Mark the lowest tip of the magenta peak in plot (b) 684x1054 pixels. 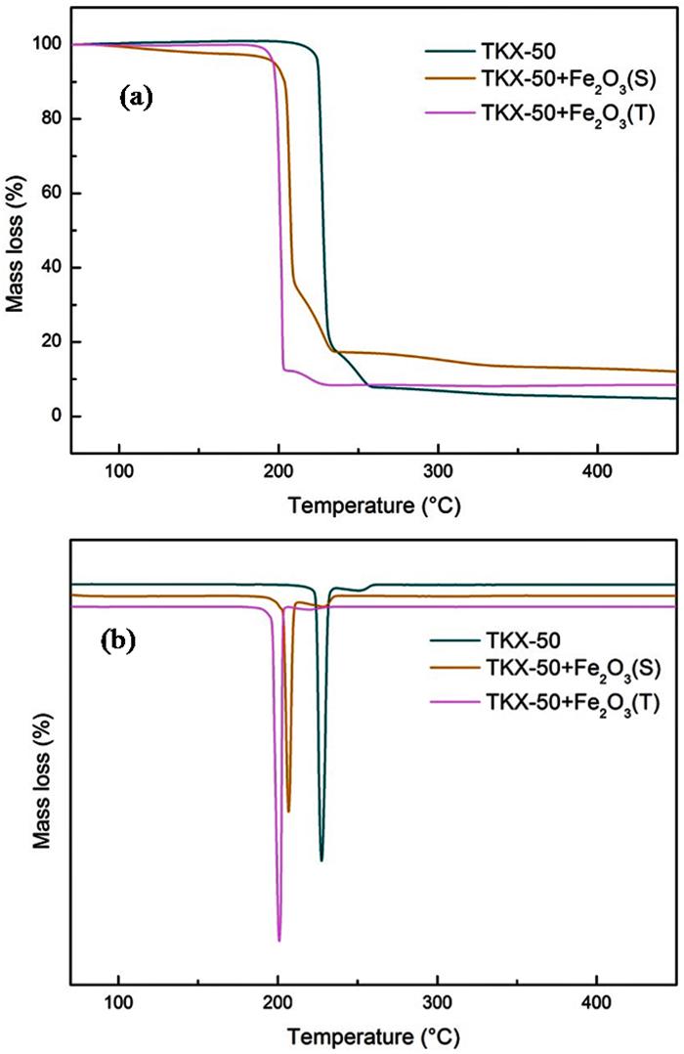pyautogui.click(x=279, y=941)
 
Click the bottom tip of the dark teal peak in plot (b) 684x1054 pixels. pyautogui.click(x=321, y=860)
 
